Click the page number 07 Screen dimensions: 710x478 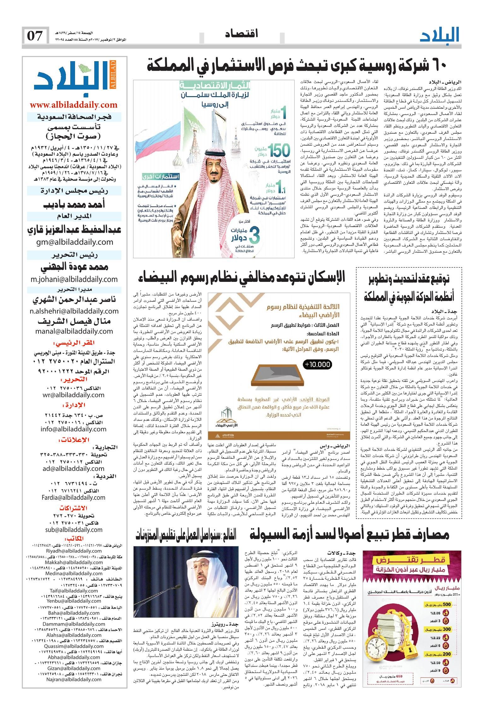[35, 36]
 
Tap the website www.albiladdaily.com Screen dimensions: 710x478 [73, 105]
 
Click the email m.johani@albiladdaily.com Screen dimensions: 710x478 [74, 279]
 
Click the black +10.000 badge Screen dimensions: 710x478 [318, 365]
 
